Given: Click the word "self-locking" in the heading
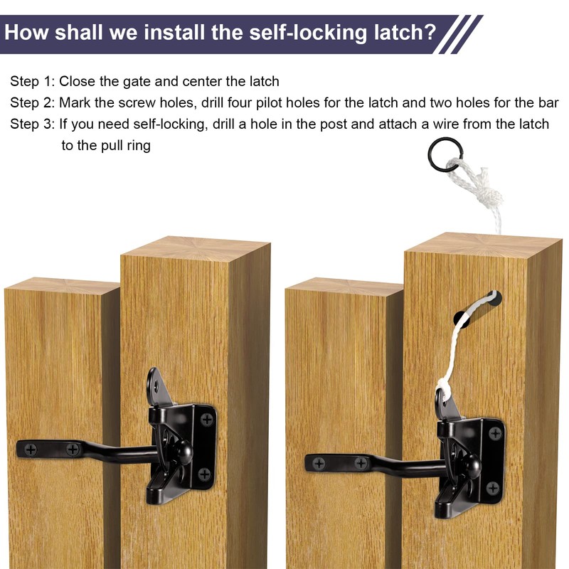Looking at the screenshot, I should pos(283,33).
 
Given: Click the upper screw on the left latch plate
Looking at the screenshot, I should pos(206,420).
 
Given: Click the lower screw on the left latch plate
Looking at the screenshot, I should pos(204,474).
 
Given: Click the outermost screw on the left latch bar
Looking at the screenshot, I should pos(31,449).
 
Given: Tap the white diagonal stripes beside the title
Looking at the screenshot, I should pos(459,34).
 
